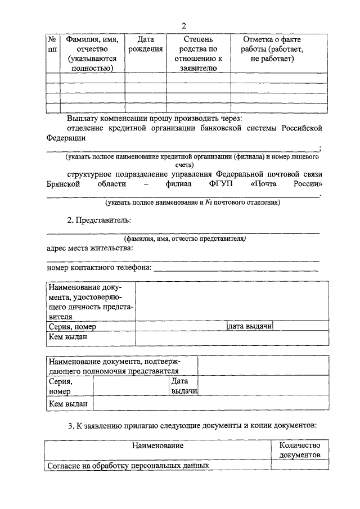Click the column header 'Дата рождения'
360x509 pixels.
(146, 44)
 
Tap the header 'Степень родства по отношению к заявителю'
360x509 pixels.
(198, 54)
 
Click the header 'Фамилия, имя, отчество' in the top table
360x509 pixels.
(92, 54)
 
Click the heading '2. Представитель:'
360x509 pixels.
(99, 219)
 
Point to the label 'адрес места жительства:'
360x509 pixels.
(90, 248)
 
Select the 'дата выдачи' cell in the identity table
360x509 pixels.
(250, 326)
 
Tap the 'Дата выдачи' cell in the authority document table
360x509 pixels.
(183, 386)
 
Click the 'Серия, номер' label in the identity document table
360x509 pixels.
(72, 327)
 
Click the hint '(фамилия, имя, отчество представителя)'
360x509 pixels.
(185, 238)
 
